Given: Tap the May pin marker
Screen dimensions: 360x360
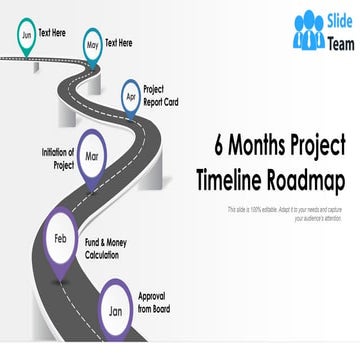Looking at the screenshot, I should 92,44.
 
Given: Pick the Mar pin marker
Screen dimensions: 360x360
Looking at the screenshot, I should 92,156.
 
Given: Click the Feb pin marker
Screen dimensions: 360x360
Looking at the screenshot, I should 61,239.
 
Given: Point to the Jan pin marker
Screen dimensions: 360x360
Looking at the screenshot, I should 116,309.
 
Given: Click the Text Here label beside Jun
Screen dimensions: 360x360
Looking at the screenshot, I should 53,33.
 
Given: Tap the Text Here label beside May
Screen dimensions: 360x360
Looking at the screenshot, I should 118,43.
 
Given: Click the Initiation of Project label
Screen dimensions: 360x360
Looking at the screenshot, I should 58,158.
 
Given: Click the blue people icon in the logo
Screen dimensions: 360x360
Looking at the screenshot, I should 309,31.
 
